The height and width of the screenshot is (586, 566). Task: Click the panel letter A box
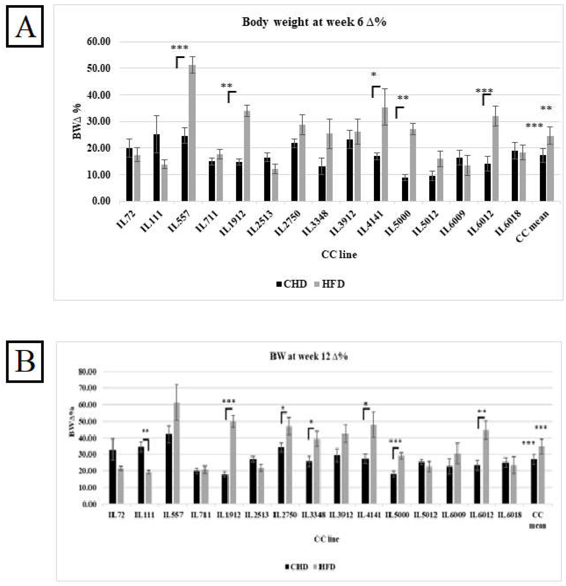click(x=25, y=26)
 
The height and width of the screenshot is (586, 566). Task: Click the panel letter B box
click(x=25, y=362)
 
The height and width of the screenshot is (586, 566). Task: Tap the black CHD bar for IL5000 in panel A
click(x=405, y=189)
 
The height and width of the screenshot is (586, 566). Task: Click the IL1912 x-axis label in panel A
click(x=233, y=223)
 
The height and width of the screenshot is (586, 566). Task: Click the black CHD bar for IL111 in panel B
click(x=141, y=475)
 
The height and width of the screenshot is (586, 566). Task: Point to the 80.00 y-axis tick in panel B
click(x=87, y=372)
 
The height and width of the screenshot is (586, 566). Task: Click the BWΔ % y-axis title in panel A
click(x=77, y=121)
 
